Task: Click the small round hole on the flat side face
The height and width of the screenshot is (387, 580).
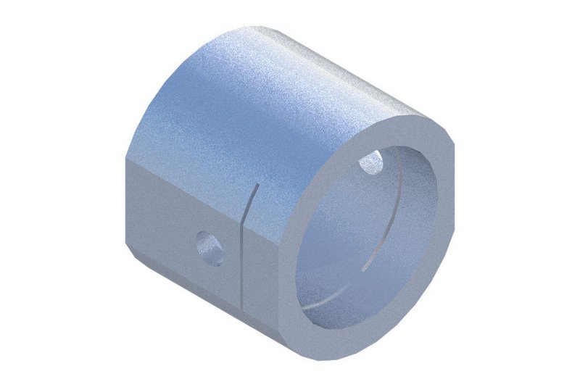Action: (x=210, y=248)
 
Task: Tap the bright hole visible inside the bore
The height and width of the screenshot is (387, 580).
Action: (x=373, y=164)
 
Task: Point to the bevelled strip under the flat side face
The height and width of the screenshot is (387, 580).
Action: (x=181, y=290)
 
